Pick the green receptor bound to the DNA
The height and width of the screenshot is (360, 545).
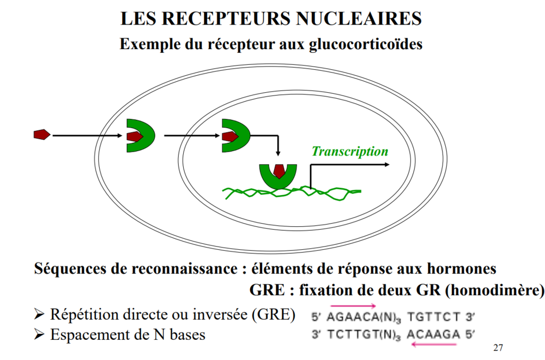pyautogui.click(x=278, y=178)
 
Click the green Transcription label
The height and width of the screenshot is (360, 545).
pyautogui.click(x=350, y=152)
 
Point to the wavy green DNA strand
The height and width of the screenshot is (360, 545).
pyautogui.click(x=327, y=193)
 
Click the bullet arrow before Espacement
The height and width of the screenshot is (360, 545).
pyautogui.click(x=39, y=334)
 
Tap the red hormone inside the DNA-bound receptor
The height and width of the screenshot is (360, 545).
pyautogui.click(x=278, y=171)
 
